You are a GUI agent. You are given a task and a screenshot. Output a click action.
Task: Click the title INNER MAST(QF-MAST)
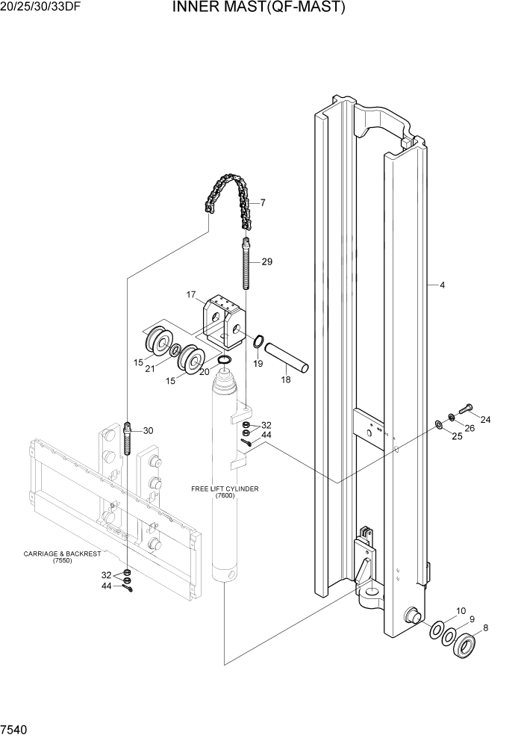tap(259, 8)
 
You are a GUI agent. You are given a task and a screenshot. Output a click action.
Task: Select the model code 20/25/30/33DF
tap(43, 8)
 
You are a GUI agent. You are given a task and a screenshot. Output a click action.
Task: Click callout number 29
tap(266, 262)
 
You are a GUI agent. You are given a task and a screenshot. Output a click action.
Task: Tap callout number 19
tap(258, 364)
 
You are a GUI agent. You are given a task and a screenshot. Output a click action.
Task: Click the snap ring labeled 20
tap(225, 363)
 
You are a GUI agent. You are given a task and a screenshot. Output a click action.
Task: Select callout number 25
tap(457, 437)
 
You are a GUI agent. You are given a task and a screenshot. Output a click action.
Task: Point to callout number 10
tap(461, 611)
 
